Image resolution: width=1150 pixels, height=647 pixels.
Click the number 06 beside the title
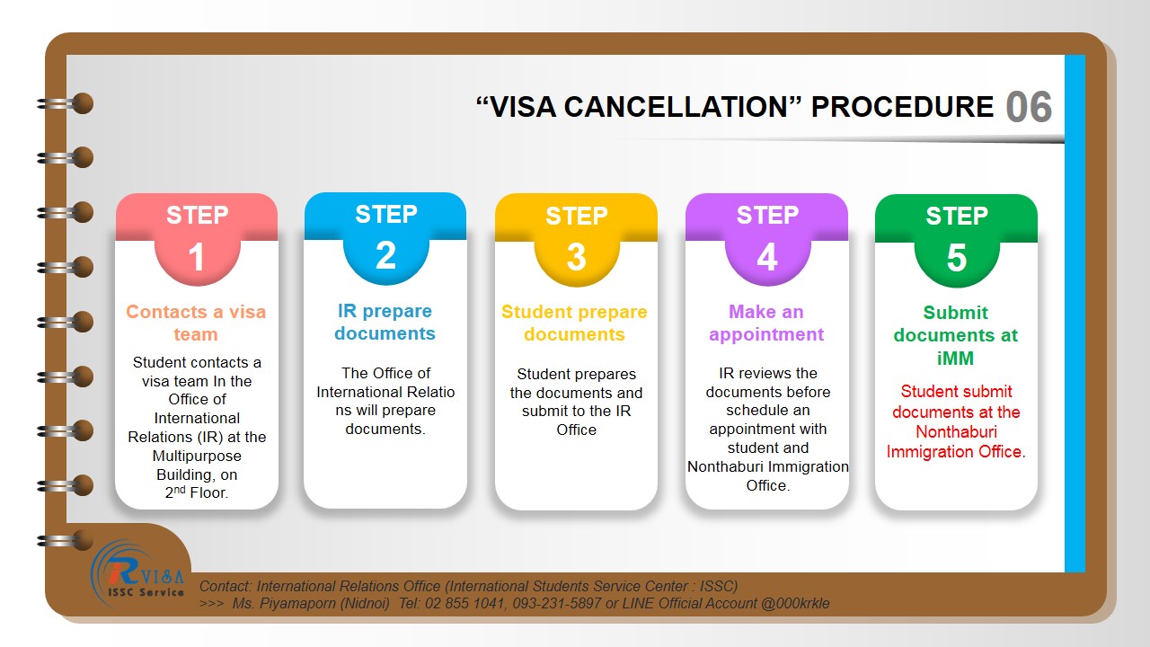coord(1029,107)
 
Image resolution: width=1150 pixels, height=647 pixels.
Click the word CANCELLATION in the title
coord(676,107)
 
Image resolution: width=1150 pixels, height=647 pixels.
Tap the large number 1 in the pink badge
coord(196,257)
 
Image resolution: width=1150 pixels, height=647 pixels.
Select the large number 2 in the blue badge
coord(385,255)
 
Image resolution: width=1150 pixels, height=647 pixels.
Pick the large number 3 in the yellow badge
coord(576,257)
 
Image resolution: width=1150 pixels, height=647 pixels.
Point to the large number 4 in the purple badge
coord(767,257)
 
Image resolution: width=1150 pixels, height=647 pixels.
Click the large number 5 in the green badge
coord(957,257)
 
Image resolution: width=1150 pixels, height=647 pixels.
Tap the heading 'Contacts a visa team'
coord(196,323)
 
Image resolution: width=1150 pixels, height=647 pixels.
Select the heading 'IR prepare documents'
coord(385,322)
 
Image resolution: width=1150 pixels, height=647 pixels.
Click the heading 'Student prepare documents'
coord(574,323)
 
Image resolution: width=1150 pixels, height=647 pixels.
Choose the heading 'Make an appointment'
coord(766,323)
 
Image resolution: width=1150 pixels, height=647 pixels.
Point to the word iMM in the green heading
coord(955,358)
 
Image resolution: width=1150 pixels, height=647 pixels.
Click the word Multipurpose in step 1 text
coord(197,456)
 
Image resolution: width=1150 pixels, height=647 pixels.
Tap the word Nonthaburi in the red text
coord(957,432)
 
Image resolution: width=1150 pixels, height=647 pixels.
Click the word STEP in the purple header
coord(767,215)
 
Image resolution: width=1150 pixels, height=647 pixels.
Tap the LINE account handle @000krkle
coord(795,603)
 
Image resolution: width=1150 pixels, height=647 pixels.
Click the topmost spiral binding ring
coord(66,103)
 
